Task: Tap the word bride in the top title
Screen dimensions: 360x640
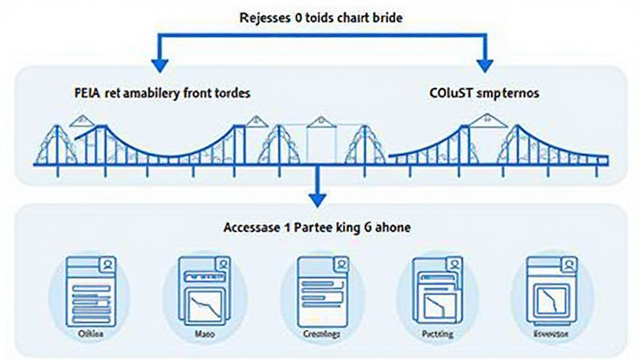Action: pyautogui.click(x=387, y=17)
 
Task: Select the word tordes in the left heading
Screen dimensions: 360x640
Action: pyautogui.click(x=232, y=94)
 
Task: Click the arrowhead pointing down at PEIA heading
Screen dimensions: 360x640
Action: pyautogui.click(x=161, y=64)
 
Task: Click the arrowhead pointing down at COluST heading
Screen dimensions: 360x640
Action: pyautogui.click(x=484, y=64)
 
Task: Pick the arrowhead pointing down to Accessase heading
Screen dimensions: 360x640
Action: pyautogui.click(x=318, y=199)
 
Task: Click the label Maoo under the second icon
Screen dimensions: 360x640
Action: pyautogui.click(x=203, y=334)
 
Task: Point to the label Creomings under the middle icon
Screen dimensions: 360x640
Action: pyautogui.click(x=322, y=334)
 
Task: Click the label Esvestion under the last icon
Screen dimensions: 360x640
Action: pyautogui.click(x=550, y=334)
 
